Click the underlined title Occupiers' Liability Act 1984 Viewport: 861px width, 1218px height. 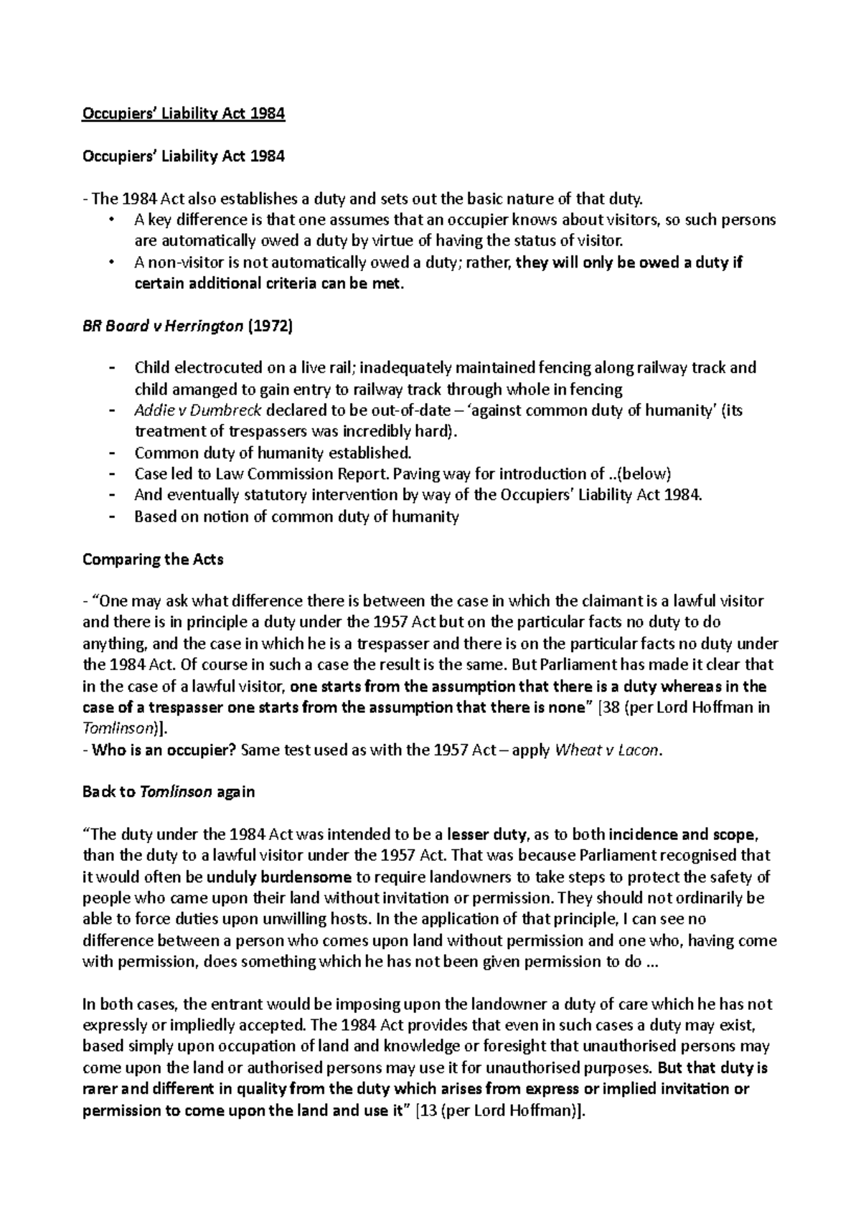pyautogui.click(x=184, y=114)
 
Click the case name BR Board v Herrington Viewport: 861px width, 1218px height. pyautogui.click(x=163, y=326)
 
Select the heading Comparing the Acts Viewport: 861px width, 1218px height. pyautogui.click(x=154, y=560)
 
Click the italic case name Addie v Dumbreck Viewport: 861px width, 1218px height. pyautogui.click(x=198, y=411)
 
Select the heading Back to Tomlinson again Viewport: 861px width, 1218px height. pyautogui.click(x=169, y=793)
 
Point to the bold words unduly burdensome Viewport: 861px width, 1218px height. pyautogui.click(x=278, y=877)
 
